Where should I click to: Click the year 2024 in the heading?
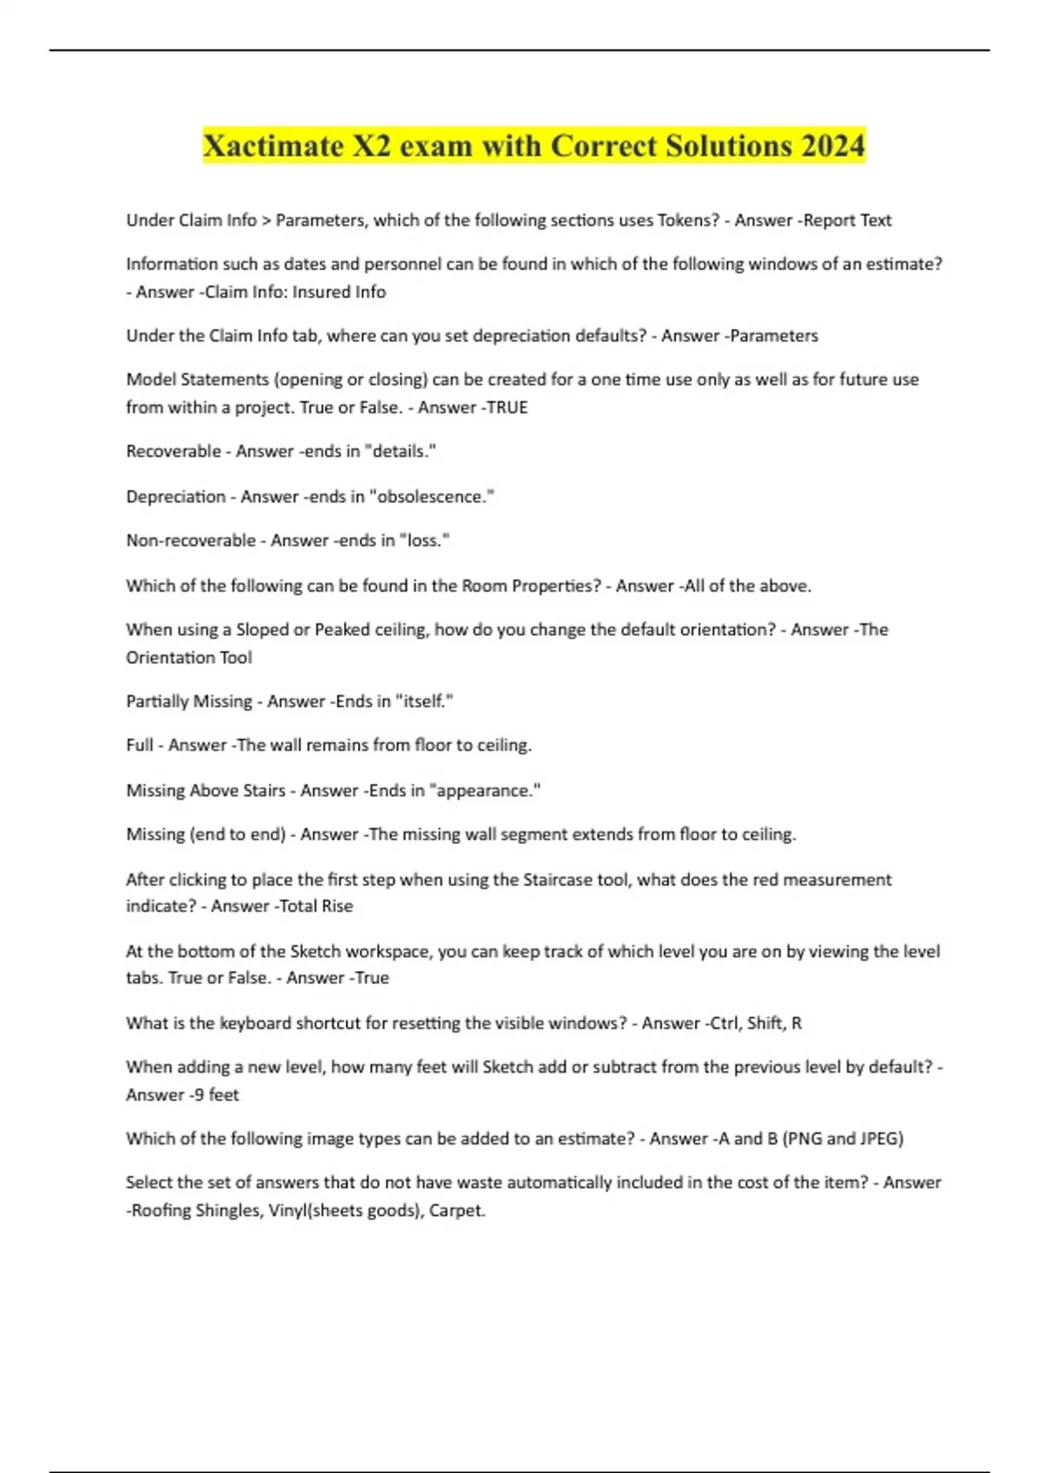point(833,146)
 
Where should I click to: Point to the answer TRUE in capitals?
point(507,407)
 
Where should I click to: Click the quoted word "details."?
point(401,451)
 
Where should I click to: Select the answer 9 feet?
point(213,1095)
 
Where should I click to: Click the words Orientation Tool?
point(189,658)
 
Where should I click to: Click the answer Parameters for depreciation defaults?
point(775,336)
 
